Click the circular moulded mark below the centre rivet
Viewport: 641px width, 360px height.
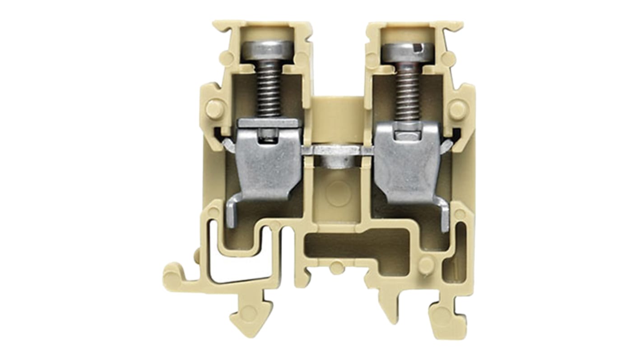click(x=338, y=193)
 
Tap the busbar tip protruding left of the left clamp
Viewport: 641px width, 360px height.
click(x=228, y=146)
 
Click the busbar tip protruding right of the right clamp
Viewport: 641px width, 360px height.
click(x=447, y=145)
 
